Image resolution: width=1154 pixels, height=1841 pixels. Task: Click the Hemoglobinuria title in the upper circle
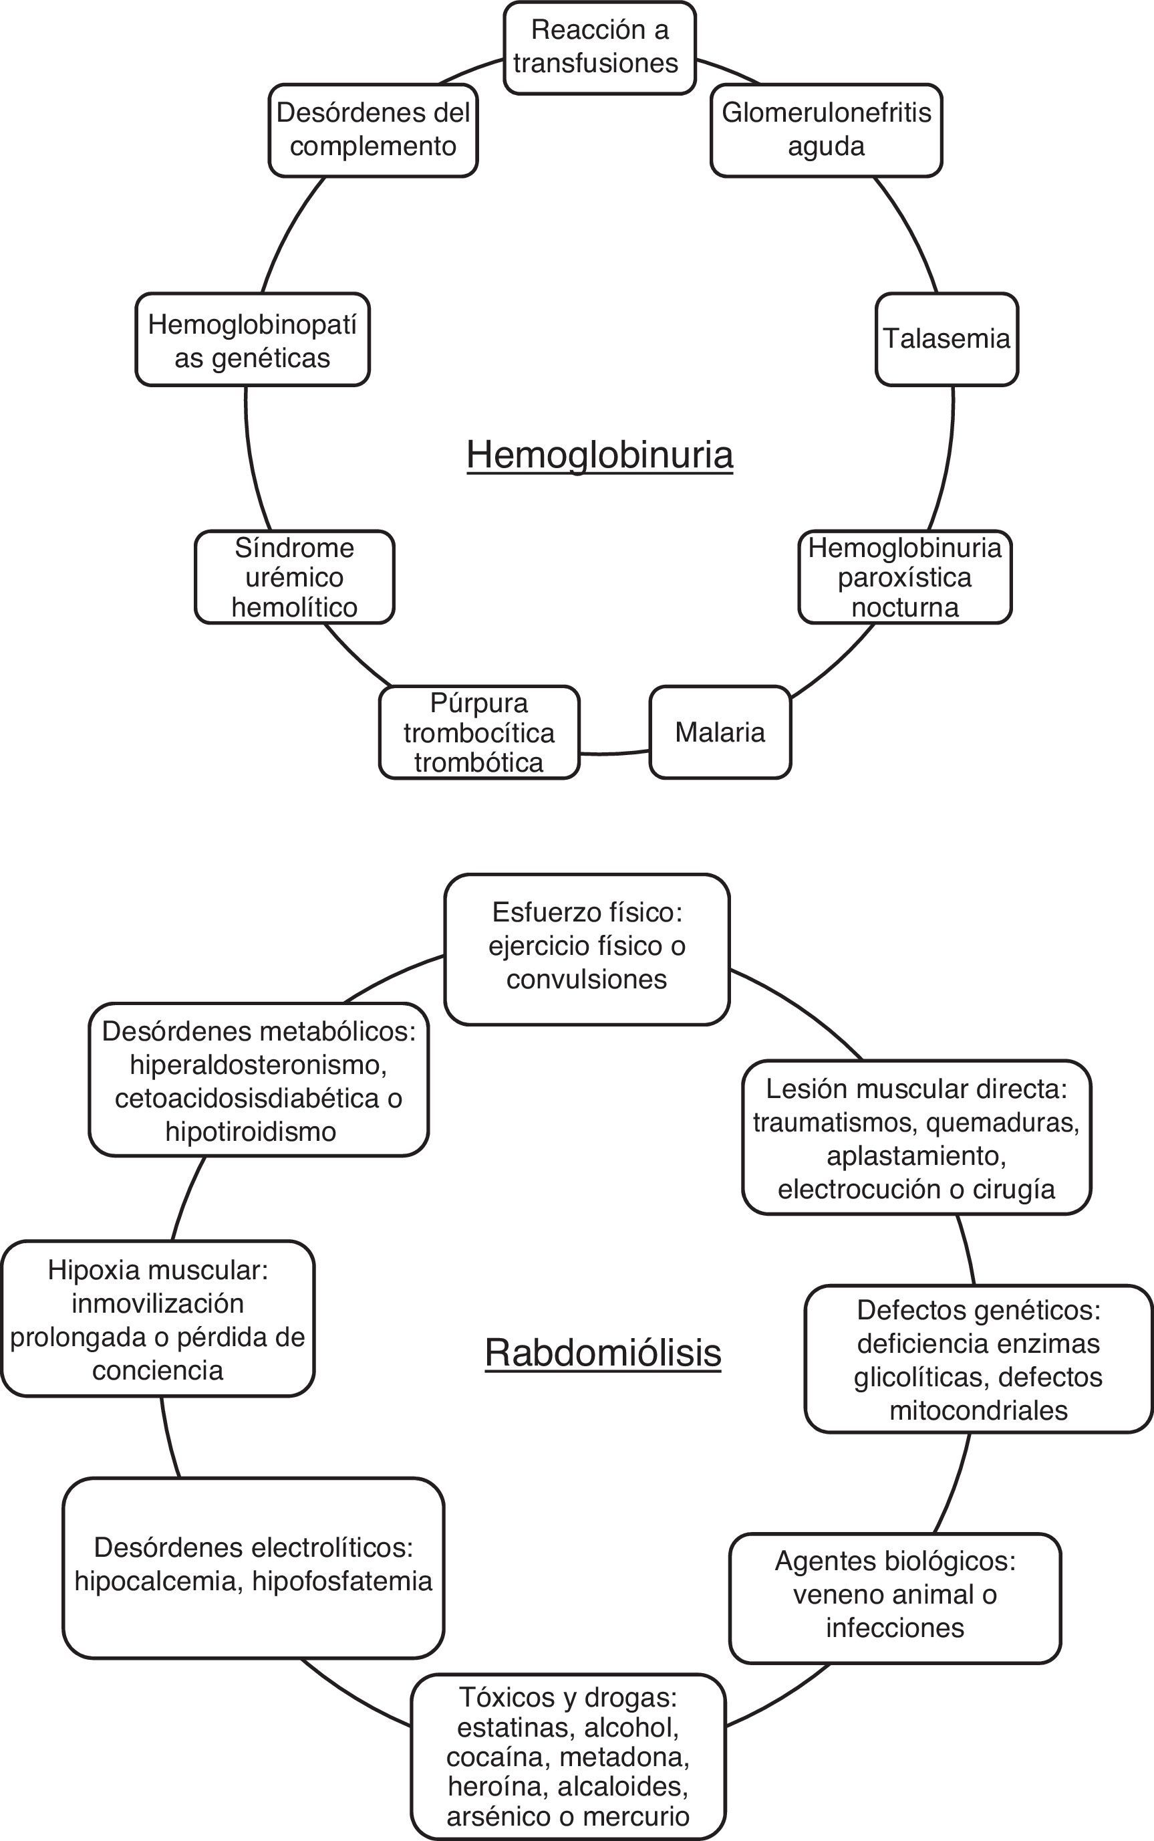(600, 455)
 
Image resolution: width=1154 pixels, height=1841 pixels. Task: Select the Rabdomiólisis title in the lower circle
(603, 1352)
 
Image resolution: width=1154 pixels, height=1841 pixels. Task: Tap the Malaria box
(720, 732)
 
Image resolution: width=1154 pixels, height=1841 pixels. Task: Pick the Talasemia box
(946, 338)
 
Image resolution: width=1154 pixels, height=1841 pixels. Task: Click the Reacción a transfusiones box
(599, 47)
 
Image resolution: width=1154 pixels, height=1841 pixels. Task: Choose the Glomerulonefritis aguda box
(826, 130)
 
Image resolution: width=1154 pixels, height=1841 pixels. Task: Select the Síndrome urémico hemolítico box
(295, 577)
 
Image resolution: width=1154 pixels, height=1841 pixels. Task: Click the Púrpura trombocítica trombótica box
(479, 732)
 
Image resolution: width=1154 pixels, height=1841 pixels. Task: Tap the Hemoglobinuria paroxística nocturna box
(905, 577)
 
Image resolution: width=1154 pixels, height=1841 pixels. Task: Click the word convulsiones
(586, 979)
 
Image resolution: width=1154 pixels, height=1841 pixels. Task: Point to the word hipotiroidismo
(251, 1131)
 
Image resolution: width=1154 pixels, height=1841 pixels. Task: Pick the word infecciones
(895, 1627)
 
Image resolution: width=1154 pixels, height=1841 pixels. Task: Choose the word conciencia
(158, 1370)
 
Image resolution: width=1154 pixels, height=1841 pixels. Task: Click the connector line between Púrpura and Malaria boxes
(614, 752)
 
